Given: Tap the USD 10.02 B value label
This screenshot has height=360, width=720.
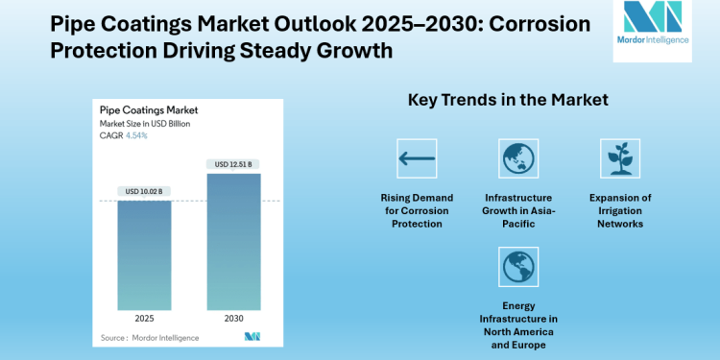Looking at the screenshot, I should (145, 192).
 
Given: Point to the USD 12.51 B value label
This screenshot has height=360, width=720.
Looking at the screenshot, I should (233, 165).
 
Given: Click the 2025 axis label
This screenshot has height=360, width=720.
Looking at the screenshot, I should (145, 318).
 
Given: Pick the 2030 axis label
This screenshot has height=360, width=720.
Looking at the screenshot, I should (233, 318).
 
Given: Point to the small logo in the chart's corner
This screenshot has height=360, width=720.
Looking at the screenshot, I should (252, 336).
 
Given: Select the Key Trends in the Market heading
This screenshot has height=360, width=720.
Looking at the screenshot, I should (508, 100).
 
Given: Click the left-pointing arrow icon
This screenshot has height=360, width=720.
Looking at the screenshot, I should (417, 158).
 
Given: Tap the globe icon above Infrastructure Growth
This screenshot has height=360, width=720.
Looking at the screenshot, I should (518, 158).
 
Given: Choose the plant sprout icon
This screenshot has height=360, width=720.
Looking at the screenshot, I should (619, 158).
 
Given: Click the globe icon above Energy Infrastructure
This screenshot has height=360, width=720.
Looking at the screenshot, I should (518, 266).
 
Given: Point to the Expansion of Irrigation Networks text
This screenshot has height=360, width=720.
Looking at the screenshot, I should (619, 210).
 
